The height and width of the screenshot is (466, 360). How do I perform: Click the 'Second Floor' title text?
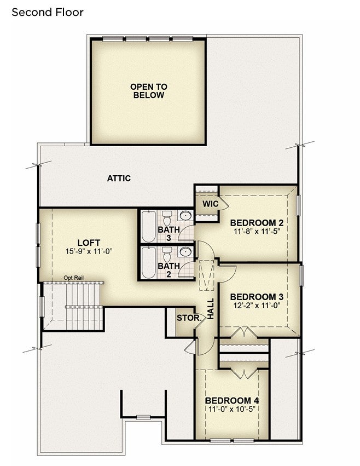(x=48, y=12)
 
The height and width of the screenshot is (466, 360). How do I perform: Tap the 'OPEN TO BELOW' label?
(x=148, y=91)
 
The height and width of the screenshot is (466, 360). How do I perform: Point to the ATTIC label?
(x=119, y=179)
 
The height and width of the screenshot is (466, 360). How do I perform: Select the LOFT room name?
(x=89, y=243)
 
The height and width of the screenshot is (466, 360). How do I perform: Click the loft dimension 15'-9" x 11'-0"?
(x=89, y=251)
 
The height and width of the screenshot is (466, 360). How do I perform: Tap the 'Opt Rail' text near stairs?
(x=74, y=278)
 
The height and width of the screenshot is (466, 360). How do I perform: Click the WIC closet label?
(x=210, y=204)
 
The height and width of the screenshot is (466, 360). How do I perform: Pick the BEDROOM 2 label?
(x=257, y=223)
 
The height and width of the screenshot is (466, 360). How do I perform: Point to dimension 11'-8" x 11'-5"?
(x=257, y=231)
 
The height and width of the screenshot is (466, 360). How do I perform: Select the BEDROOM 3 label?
(x=257, y=297)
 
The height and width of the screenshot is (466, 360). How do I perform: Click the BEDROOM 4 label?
(x=231, y=400)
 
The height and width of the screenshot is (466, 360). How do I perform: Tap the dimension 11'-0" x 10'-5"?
(x=231, y=409)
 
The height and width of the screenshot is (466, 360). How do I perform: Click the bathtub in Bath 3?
(x=148, y=226)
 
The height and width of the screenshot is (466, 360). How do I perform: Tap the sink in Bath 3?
(x=186, y=215)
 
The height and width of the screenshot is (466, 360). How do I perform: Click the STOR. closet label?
(x=189, y=318)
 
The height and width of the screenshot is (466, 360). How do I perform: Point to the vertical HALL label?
(x=210, y=309)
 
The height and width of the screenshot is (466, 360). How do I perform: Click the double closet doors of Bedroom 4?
(x=244, y=374)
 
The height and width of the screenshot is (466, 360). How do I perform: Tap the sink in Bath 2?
(x=186, y=251)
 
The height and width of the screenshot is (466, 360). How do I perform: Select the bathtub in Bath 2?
(x=148, y=263)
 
